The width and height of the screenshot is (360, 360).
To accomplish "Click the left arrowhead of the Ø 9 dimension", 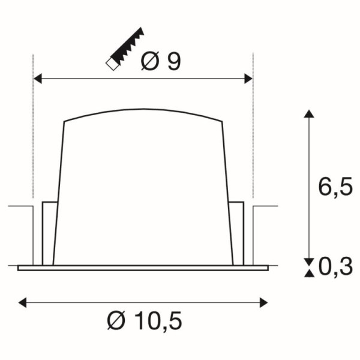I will pyautogui.click(x=37, y=78).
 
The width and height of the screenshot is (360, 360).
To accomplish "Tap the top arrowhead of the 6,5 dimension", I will pyautogui.click(x=308, y=114).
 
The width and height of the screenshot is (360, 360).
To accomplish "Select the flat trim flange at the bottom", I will pyautogui.click(x=143, y=268).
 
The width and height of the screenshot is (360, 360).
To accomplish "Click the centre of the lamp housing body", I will pyautogui.click(x=143, y=192).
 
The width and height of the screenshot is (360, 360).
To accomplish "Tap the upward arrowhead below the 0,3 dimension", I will pyautogui.click(x=308, y=274).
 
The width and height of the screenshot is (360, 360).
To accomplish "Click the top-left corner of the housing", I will pyautogui.click(x=65, y=122).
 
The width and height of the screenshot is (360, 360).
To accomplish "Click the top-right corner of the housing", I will pyautogui.click(x=222, y=122).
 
